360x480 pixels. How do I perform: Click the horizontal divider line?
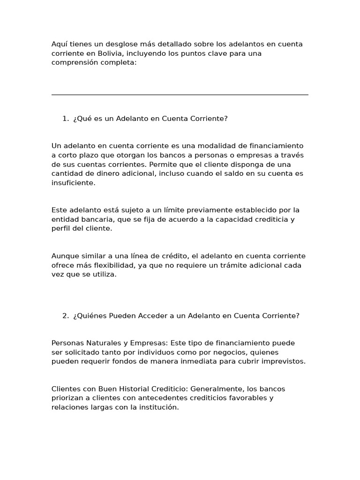point(180,95)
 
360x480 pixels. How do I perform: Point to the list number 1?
point(65,119)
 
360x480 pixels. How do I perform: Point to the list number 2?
point(65,316)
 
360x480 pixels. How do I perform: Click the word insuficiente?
point(73,183)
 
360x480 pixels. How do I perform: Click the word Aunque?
point(64,256)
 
